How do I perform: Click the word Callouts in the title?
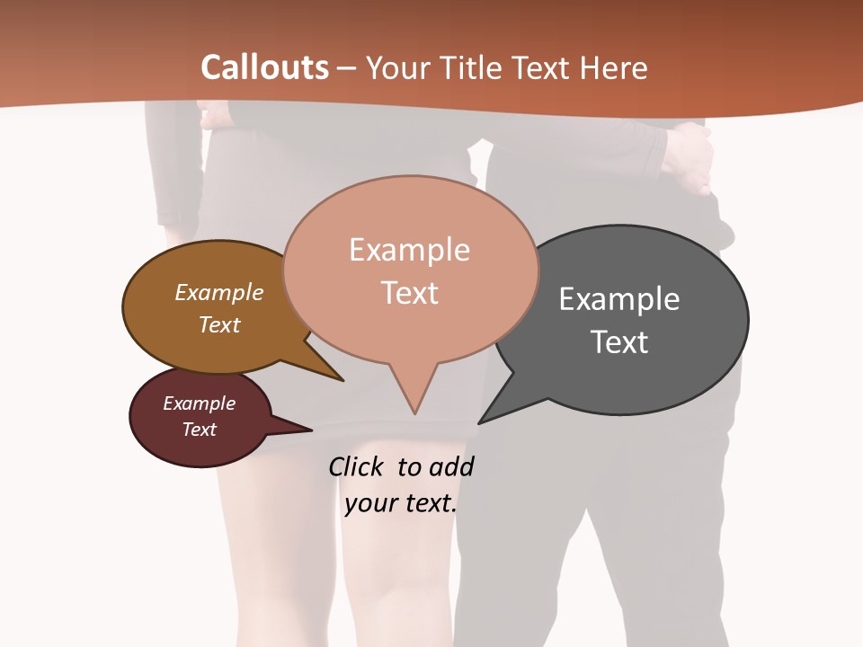point(264,67)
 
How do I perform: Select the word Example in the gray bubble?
point(619,299)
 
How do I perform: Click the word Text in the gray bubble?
point(619,342)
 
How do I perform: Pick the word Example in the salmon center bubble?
point(409,250)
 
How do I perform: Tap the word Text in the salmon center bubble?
point(409,293)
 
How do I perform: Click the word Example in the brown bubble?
point(219,292)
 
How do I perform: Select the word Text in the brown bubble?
point(219,324)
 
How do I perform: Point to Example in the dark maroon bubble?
point(200,403)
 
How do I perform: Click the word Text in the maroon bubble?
point(200,430)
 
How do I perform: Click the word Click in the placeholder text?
point(357,466)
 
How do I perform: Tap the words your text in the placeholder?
point(401,503)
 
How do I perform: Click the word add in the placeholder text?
point(452,466)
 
